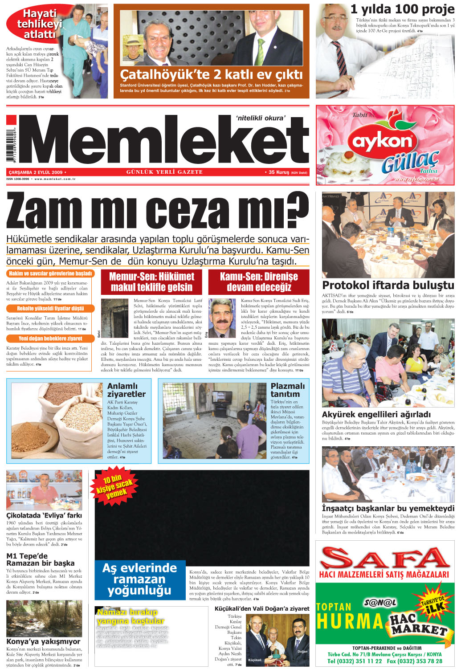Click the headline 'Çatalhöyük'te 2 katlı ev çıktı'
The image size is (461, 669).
tap(211, 74)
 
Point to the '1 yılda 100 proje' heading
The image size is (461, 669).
tap(402, 9)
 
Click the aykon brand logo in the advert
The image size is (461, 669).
tap(383, 141)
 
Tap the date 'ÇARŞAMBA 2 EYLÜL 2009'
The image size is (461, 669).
tap(36, 172)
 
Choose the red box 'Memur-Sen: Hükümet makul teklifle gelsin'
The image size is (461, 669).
tap(151, 282)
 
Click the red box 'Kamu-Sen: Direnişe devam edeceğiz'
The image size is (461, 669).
tap(259, 282)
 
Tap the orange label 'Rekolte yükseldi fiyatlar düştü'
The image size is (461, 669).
tap(50, 308)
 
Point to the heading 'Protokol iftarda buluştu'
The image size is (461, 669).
tap(388, 285)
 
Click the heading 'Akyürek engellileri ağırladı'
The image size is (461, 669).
tap(376, 414)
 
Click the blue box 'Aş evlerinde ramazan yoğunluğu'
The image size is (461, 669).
tap(140, 579)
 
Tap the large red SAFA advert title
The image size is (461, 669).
tap(385, 558)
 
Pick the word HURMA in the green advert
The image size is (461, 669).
tap(350, 621)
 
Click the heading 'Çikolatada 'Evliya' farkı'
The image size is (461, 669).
tap(44, 515)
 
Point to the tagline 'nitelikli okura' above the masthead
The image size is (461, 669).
tap(261, 118)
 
